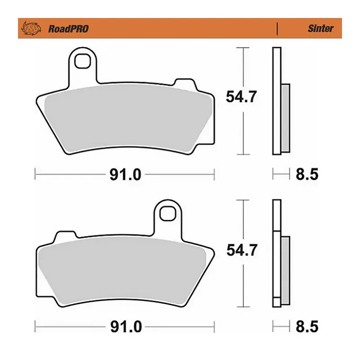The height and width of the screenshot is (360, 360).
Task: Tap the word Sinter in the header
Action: tap(320, 28)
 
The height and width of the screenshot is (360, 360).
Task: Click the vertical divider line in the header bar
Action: tap(276, 28)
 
